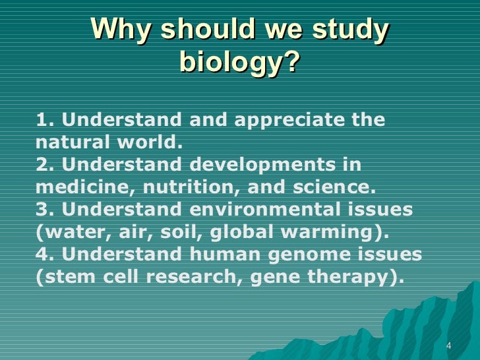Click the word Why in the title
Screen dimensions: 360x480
[x=121, y=30]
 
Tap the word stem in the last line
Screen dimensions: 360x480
[x=65, y=277]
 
